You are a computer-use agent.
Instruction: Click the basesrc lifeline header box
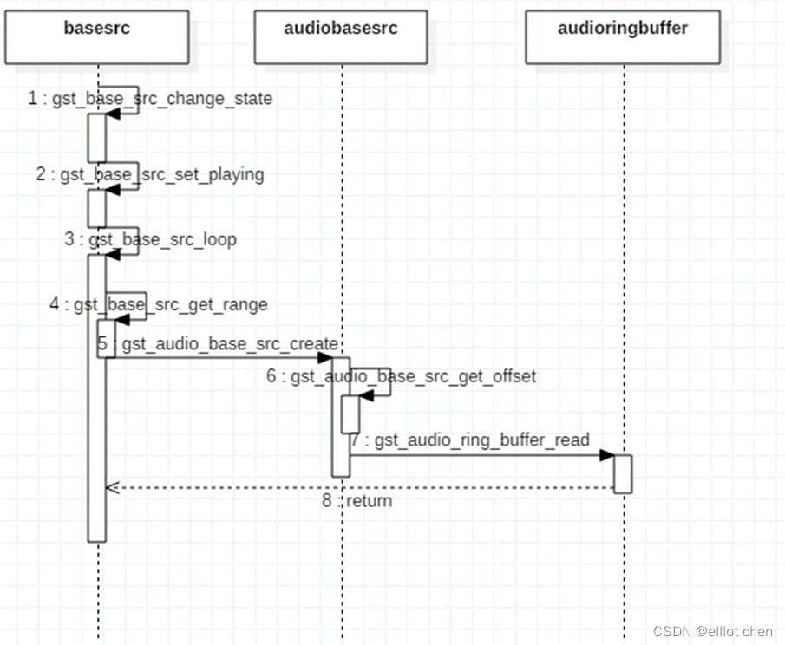(x=98, y=36)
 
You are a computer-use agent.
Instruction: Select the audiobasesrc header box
(x=341, y=36)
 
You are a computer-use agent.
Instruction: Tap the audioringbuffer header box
(x=623, y=36)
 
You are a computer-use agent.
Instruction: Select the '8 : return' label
(x=357, y=501)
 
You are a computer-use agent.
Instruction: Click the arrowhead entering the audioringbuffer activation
(x=608, y=455)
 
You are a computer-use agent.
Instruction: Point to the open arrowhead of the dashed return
(x=111, y=487)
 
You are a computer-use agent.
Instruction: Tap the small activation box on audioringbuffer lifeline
(x=623, y=474)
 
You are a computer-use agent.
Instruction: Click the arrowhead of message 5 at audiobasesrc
(x=326, y=357)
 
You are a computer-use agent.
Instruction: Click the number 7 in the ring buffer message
(x=356, y=440)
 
